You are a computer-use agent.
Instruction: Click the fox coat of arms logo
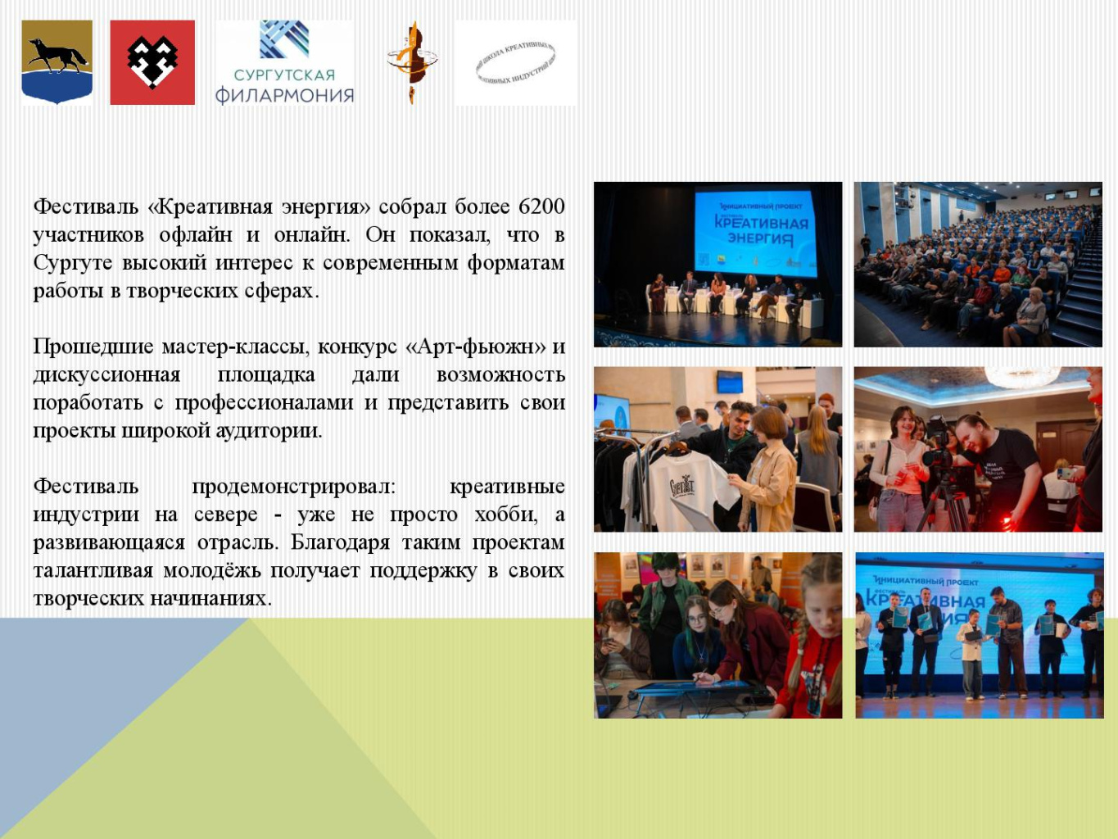point(57,62)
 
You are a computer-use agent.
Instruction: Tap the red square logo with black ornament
point(152,62)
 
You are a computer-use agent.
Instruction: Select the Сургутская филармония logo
point(284,63)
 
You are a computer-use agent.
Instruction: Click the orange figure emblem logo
point(411,62)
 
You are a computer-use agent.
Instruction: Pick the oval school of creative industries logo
point(515,63)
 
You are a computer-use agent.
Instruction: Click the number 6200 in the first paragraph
point(541,206)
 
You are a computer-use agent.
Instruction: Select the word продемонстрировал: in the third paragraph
point(293,487)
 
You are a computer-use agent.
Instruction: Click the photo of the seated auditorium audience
point(978,265)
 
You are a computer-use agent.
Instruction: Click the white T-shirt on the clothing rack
point(673,488)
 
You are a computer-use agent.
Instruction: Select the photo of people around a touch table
point(717,635)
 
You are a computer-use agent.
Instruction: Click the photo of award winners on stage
point(979,635)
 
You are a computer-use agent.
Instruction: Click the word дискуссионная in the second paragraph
point(106,375)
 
